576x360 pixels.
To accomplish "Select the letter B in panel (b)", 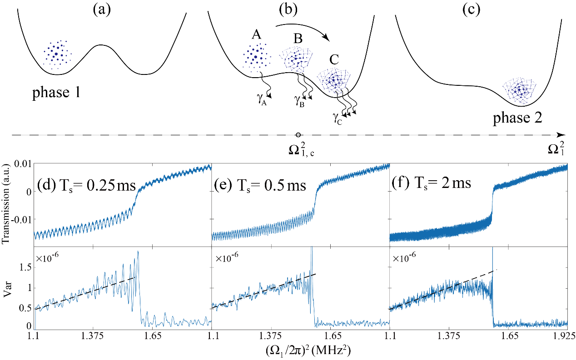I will pos(298,39).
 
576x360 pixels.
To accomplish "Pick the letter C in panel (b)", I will pos(334,60).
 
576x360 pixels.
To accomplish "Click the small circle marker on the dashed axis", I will pos(298,134).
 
